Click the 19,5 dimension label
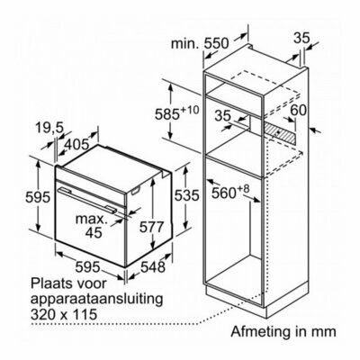tap(49, 128)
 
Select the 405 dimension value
tap(76, 145)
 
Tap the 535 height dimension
tap(187, 195)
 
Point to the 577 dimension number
tap(152, 227)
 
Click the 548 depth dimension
tap(153, 266)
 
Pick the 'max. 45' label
tap(92, 225)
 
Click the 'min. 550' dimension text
tap(200, 43)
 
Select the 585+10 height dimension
tap(176, 113)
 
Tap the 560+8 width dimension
tap(230, 192)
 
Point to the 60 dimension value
tap(299, 110)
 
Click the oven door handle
tap(87, 199)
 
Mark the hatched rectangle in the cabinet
tap(280, 133)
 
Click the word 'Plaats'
tap(51, 283)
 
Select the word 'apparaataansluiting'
tap(97, 300)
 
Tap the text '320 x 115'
tap(64, 315)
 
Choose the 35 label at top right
tap(301, 38)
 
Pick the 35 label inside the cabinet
tap(223, 116)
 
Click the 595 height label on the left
tap(37, 197)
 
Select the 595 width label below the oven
tap(87, 266)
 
